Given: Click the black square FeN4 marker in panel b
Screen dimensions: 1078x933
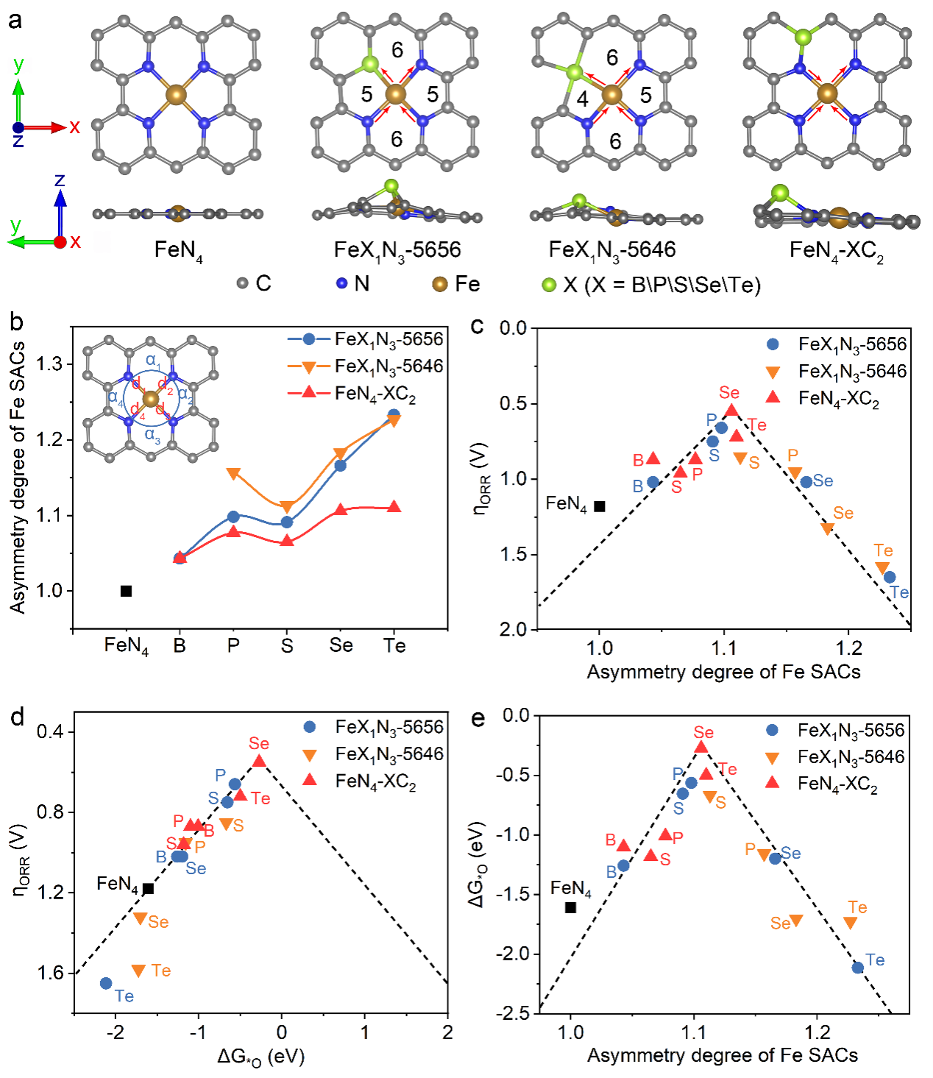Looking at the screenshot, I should (127, 591).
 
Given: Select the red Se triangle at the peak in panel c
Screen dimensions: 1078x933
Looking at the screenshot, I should (731, 411).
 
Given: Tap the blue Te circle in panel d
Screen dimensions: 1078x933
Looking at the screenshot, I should (106, 983).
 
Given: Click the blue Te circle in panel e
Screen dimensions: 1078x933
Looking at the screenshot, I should (857, 968).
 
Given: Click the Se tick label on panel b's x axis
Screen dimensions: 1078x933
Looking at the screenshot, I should (341, 645).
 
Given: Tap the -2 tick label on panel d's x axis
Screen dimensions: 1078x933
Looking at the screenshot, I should (115, 1032).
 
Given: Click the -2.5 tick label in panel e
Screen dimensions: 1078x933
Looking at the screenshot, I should (512, 1013).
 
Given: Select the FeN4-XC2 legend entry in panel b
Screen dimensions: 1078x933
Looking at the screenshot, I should (375, 394).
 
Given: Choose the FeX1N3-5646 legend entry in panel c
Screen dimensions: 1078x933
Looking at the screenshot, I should (852, 372).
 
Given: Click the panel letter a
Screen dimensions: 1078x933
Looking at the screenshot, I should (15, 20).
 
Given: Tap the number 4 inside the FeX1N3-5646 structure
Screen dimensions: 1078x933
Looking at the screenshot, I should (582, 99).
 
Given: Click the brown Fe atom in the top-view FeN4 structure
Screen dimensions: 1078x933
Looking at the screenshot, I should (177, 94).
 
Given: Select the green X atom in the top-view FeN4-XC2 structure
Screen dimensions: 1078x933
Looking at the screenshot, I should (802, 36).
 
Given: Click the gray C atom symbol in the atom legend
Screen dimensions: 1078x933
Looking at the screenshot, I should (243, 283).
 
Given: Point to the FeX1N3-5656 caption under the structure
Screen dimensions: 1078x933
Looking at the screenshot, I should (397, 250).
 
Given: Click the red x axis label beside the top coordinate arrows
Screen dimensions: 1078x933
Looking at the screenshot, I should (74, 127).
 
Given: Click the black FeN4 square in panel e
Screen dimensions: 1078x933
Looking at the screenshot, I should (570, 907).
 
